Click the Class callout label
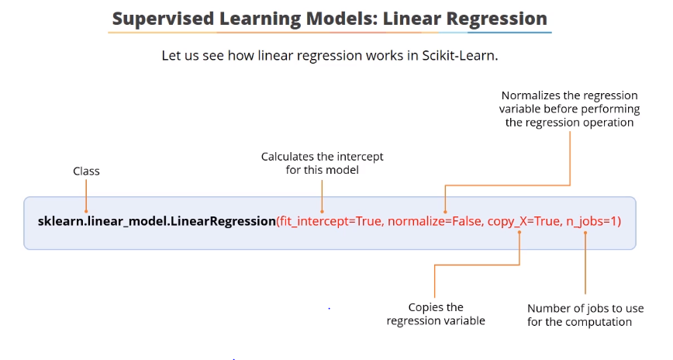86,171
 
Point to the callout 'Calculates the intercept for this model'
322,163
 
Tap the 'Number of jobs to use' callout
585,315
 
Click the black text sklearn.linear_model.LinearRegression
156,221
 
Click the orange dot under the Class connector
86,211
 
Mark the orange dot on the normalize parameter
445,211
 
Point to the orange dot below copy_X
520,231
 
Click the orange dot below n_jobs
585,231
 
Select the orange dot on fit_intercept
322,211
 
